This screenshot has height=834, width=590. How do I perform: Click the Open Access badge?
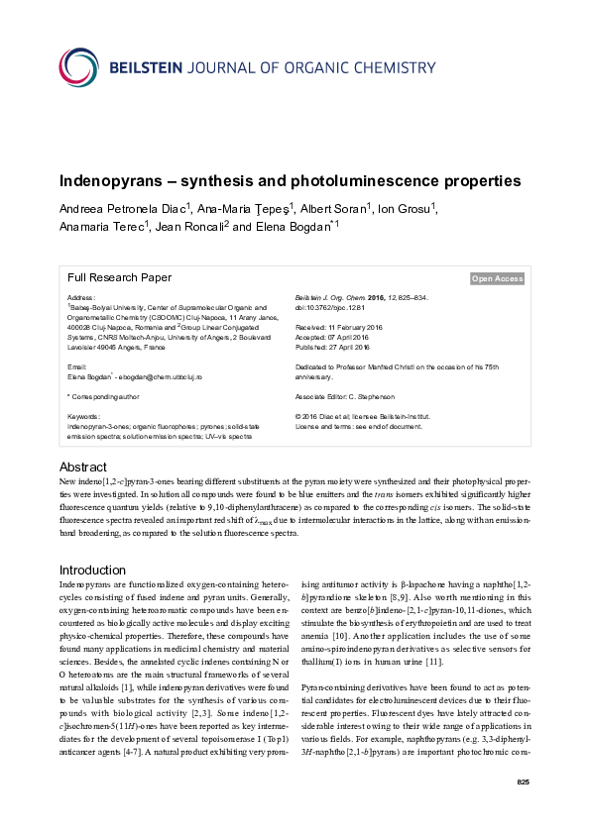point(497,279)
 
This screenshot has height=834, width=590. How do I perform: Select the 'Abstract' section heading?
point(84,467)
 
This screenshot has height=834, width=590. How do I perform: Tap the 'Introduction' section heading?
point(93,571)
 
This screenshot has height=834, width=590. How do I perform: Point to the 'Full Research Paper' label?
point(119,278)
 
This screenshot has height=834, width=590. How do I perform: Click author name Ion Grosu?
point(408,208)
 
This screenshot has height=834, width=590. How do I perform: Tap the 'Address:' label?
point(81,297)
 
